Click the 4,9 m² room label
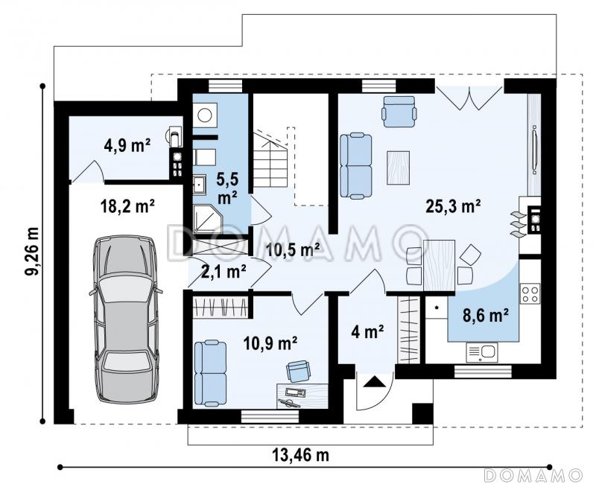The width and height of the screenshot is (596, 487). point(127,145)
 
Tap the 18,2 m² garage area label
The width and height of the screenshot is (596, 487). point(127,207)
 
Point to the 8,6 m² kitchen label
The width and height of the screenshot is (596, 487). point(486,315)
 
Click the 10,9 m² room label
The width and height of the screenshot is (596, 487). point(270,343)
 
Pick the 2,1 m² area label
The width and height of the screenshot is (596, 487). point(223,272)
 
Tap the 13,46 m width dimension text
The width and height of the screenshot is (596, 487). point(300,454)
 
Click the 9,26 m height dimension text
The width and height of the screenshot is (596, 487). point(32,251)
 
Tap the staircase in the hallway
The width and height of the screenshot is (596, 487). point(270,159)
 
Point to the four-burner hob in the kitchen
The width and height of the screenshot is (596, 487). point(530,293)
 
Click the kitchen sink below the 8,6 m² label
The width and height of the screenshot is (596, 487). point(482,352)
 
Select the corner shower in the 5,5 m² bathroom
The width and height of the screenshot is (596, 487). point(205,219)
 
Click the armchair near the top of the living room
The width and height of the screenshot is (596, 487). point(399,111)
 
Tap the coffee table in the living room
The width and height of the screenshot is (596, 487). point(399,168)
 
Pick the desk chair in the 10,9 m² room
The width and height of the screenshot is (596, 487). point(298,371)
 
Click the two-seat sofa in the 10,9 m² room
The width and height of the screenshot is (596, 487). point(210,373)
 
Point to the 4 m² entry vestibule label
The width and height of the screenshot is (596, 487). point(367,332)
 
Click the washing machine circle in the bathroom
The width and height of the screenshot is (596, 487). point(205,115)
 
